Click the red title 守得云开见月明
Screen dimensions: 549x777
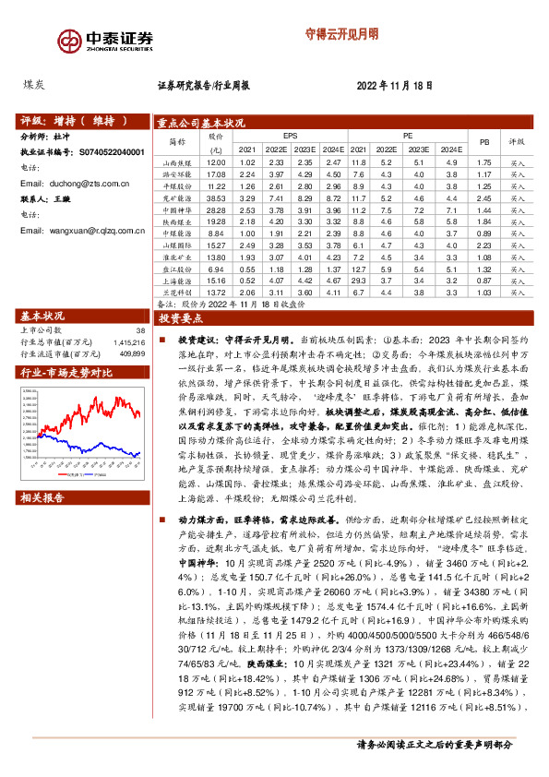(x=341, y=34)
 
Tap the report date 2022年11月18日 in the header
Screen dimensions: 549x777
(x=394, y=85)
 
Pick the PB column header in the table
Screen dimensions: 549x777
(x=483, y=142)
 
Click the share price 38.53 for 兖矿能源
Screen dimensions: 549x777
(x=217, y=197)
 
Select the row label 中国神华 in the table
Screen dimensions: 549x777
(x=176, y=210)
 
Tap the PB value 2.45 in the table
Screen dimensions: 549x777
(x=483, y=197)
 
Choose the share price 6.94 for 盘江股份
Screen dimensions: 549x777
(x=217, y=269)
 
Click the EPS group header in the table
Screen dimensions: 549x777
(x=291, y=135)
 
